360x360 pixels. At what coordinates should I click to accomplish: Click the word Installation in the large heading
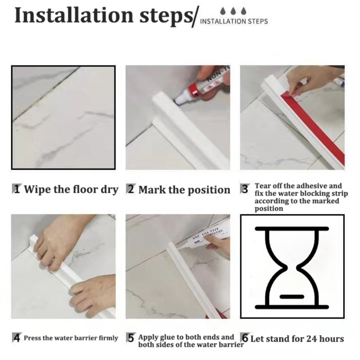pos(74,15)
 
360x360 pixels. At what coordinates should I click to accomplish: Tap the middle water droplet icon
pos(233,11)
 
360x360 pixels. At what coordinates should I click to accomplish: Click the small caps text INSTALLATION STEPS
pos(234,21)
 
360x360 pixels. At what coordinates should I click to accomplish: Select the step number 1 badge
pos(16,189)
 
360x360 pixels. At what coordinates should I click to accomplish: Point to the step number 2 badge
pos(131,189)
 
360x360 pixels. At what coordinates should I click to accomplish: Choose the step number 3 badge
pos(245,189)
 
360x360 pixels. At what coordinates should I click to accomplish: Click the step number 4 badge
pos(16,338)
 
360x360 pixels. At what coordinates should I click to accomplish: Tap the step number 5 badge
pos(131,338)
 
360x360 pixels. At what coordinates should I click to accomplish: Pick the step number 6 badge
pos(245,338)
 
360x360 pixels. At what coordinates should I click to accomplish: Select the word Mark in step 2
pos(152,190)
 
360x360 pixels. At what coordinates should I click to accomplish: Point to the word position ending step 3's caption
pos(269,209)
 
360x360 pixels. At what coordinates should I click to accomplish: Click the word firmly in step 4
pos(108,338)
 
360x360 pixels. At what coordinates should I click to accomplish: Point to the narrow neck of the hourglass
pos(292,267)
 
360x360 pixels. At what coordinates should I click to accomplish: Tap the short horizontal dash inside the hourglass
pos(292,297)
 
